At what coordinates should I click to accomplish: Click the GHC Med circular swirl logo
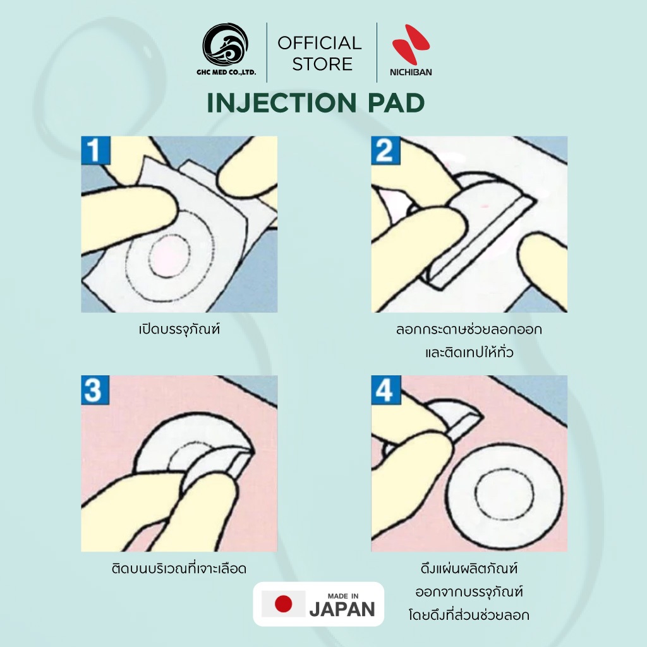(x=226, y=45)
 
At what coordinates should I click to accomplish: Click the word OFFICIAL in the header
(x=319, y=43)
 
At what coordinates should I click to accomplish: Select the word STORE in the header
(x=322, y=64)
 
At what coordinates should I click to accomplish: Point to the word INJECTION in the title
(x=281, y=103)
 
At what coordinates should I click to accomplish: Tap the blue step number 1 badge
(x=96, y=150)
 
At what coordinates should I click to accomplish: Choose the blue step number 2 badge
(x=385, y=150)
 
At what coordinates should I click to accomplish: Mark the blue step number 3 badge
(x=95, y=390)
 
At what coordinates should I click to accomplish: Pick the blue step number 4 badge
(x=386, y=390)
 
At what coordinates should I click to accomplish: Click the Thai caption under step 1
(x=179, y=330)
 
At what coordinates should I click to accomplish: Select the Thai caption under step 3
(x=179, y=569)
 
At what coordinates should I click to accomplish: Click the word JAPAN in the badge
(x=342, y=609)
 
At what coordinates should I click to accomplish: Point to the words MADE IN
(x=343, y=596)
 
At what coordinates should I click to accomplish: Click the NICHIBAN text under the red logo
(x=411, y=72)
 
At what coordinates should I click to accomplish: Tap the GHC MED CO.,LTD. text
(x=226, y=72)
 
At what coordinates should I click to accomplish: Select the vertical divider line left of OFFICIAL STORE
(x=267, y=52)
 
